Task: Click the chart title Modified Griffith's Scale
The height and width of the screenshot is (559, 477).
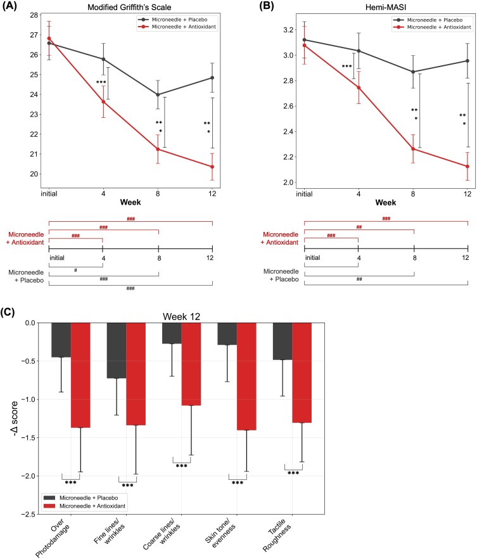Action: (x=129, y=7)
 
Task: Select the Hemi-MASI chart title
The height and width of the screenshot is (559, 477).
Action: (x=385, y=7)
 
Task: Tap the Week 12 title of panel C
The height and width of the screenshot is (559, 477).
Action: (x=181, y=317)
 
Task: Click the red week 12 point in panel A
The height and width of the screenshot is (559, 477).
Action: (x=212, y=167)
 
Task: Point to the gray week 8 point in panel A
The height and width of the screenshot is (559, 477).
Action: (x=158, y=95)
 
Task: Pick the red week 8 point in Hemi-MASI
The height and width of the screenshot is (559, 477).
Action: (x=413, y=149)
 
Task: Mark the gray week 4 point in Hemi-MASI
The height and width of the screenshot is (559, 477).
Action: (x=359, y=51)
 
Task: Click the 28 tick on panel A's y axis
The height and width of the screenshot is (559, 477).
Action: (x=34, y=15)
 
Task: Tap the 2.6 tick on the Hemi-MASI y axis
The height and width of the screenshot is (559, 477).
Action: (x=288, y=106)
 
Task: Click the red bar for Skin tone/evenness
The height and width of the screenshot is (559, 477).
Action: (x=246, y=376)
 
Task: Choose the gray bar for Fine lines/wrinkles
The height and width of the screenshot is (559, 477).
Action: (x=117, y=350)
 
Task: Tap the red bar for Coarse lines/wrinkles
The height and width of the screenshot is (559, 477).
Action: (x=191, y=364)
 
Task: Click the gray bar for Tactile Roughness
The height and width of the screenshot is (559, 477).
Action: (x=283, y=341)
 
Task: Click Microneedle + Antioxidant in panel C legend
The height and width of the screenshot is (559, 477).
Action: (x=92, y=506)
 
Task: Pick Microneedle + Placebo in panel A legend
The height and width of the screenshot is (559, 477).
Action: (x=179, y=20)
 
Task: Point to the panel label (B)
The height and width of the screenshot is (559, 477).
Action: (x=266, y=6)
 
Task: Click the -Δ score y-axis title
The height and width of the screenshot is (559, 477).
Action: (x=14, y=418)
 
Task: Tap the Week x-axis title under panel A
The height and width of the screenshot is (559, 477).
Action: (x=130, y=203)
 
